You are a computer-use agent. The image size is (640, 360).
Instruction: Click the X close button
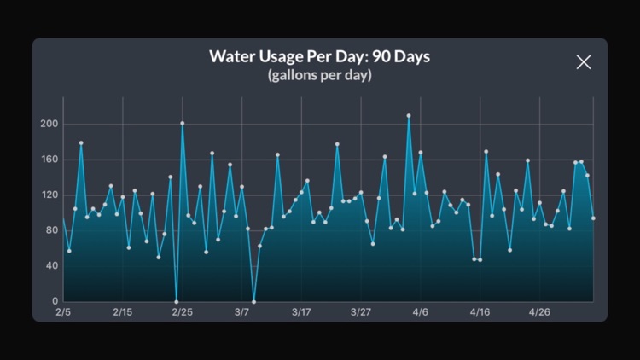(x=584, y=61)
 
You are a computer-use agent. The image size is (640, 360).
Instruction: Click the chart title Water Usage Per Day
(x=320, y=57)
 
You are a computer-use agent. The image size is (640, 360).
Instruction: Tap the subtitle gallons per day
(x=320, y=75)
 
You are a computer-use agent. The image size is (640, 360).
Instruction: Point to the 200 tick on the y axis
(x=49, y=125)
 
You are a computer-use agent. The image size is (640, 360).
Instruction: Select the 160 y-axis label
(x=49, y=160)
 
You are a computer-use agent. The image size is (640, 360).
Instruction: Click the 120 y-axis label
(x=49, y=195)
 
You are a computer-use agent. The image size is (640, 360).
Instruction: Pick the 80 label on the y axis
(x=51, y=230)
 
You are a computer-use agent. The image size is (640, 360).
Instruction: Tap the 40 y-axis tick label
(x=51, y=266)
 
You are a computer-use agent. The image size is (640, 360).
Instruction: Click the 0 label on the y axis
(x=55, y=301)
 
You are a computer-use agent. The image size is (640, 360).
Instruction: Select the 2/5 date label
(x=63, y=312)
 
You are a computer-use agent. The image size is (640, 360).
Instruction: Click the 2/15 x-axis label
(x=122, y=312)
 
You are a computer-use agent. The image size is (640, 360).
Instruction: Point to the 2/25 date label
(x=182, y=312)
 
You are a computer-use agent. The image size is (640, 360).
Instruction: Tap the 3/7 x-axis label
(x=241, y=312)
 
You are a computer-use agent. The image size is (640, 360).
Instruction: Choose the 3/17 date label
(x=301, y=312)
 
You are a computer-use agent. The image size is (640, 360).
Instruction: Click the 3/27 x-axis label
(x=361, y=312)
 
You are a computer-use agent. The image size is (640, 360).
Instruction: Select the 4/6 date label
(x=421, y=312)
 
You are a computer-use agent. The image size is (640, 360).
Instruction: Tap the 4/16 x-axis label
(x=480, y=312)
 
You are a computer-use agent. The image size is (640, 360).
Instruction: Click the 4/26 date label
(x=539, y=312)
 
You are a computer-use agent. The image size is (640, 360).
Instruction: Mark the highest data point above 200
(x=409, y=115)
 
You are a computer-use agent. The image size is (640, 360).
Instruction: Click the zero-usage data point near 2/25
(x=177, y=301)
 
